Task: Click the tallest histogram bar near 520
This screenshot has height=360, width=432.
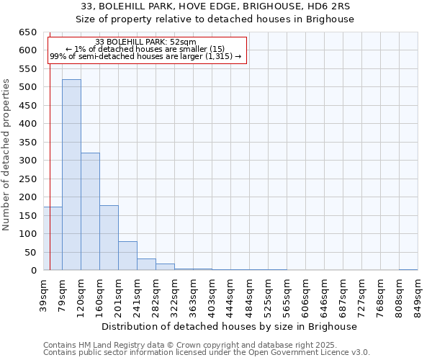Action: click(x=71, y=175)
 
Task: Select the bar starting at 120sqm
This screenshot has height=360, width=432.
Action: click(x=90, y=212)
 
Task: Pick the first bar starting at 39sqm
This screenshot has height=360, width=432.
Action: click(x=53, y=238)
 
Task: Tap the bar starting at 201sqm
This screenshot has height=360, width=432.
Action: click(x=127, y=256)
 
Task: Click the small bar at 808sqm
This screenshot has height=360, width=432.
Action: click(x=408, y=270)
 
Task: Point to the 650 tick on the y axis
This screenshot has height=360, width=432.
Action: click(x=28, y=32)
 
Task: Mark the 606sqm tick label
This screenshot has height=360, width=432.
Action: click(x=306, y=294)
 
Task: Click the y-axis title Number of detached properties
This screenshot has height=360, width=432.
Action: click(x=7, y=151)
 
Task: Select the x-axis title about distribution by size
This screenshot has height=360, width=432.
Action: click(x=230, y=326)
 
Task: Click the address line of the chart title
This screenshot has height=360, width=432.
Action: click(x=215, y=6)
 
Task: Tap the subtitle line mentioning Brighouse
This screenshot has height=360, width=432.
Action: click(x=215, y=19)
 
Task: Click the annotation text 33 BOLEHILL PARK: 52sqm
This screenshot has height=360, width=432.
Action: click(x=145, y=42)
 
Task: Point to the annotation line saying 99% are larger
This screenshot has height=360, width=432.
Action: click(x=145, y=56)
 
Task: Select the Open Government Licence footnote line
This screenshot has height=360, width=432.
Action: click(x=207, y=353)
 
